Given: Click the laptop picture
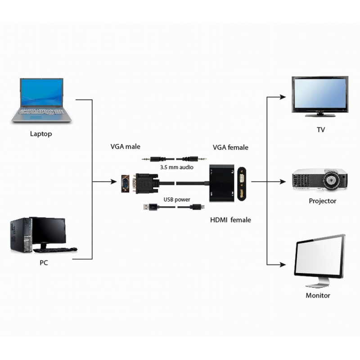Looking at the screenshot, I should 41,100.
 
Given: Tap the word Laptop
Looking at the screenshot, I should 41,134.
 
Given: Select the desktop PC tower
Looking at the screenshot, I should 20,235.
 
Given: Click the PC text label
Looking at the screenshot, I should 44,263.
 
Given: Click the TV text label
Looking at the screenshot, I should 320,130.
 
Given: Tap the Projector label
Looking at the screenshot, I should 322,201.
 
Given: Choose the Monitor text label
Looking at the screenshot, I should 318,296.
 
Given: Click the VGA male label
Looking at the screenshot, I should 126,147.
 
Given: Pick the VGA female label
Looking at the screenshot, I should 230,147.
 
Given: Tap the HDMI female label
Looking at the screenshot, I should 230,220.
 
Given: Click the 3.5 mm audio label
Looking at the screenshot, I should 177,167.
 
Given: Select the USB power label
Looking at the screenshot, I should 177,199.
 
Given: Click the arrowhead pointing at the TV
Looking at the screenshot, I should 283,97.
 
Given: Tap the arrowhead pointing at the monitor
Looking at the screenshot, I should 283,265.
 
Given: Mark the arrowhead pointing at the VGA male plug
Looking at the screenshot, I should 113,182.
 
